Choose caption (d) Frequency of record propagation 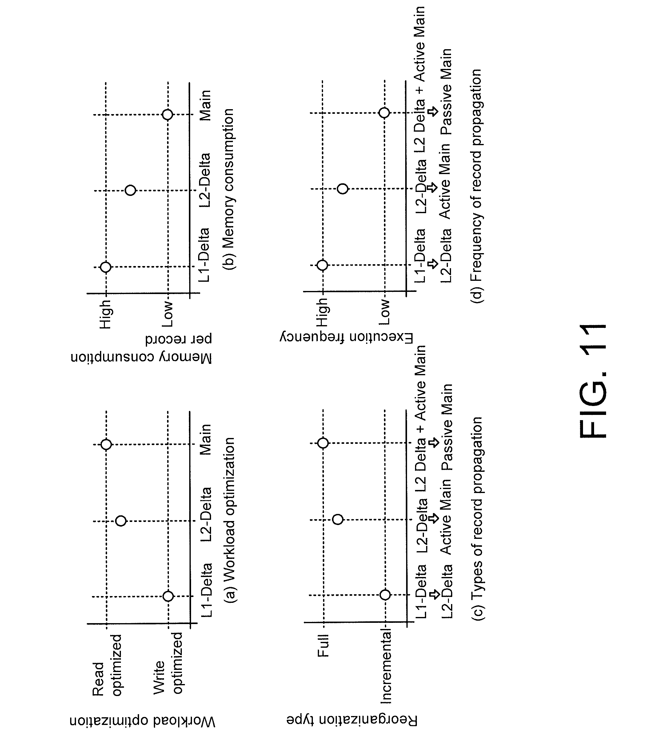click(476, 186)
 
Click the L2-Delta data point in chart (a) click(121, 521)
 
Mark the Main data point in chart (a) click(106, 444)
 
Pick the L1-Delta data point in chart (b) click(106, 267)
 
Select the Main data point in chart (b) click(167, 115)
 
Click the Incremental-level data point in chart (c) click(385, 595)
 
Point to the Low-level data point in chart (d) click(384, 113)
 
